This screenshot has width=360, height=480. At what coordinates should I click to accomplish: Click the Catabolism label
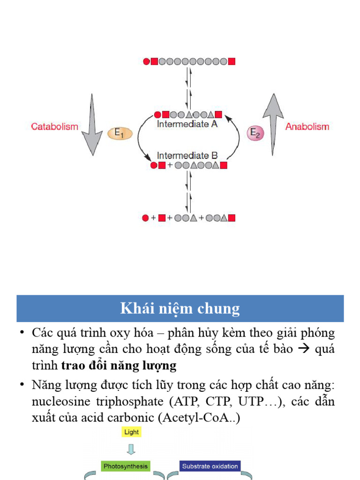[54, 127]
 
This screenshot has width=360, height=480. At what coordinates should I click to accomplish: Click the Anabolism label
[307, 127]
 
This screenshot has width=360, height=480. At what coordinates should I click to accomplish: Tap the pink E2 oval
[255, 133]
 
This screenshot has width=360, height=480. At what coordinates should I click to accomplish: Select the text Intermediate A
[187, 124]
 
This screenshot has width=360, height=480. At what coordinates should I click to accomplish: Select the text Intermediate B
[187, 155]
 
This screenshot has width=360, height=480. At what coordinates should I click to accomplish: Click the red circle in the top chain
[146, 61]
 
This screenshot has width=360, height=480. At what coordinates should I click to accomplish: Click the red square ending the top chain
[231, 61]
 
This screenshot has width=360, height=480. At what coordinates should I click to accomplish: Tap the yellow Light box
[131, 432]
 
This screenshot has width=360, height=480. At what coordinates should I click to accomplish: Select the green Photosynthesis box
[126, 466]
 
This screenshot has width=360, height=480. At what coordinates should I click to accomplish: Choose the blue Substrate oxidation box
[210, 466]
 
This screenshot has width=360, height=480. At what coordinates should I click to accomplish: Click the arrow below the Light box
[131, 449]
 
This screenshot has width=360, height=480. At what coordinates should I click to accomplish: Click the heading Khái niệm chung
[180, 308]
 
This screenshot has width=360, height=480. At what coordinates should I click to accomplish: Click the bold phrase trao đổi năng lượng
[119, 365]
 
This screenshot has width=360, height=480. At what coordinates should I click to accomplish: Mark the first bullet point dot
[22, 333]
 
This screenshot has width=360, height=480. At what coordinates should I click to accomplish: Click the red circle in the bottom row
[145, 218]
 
